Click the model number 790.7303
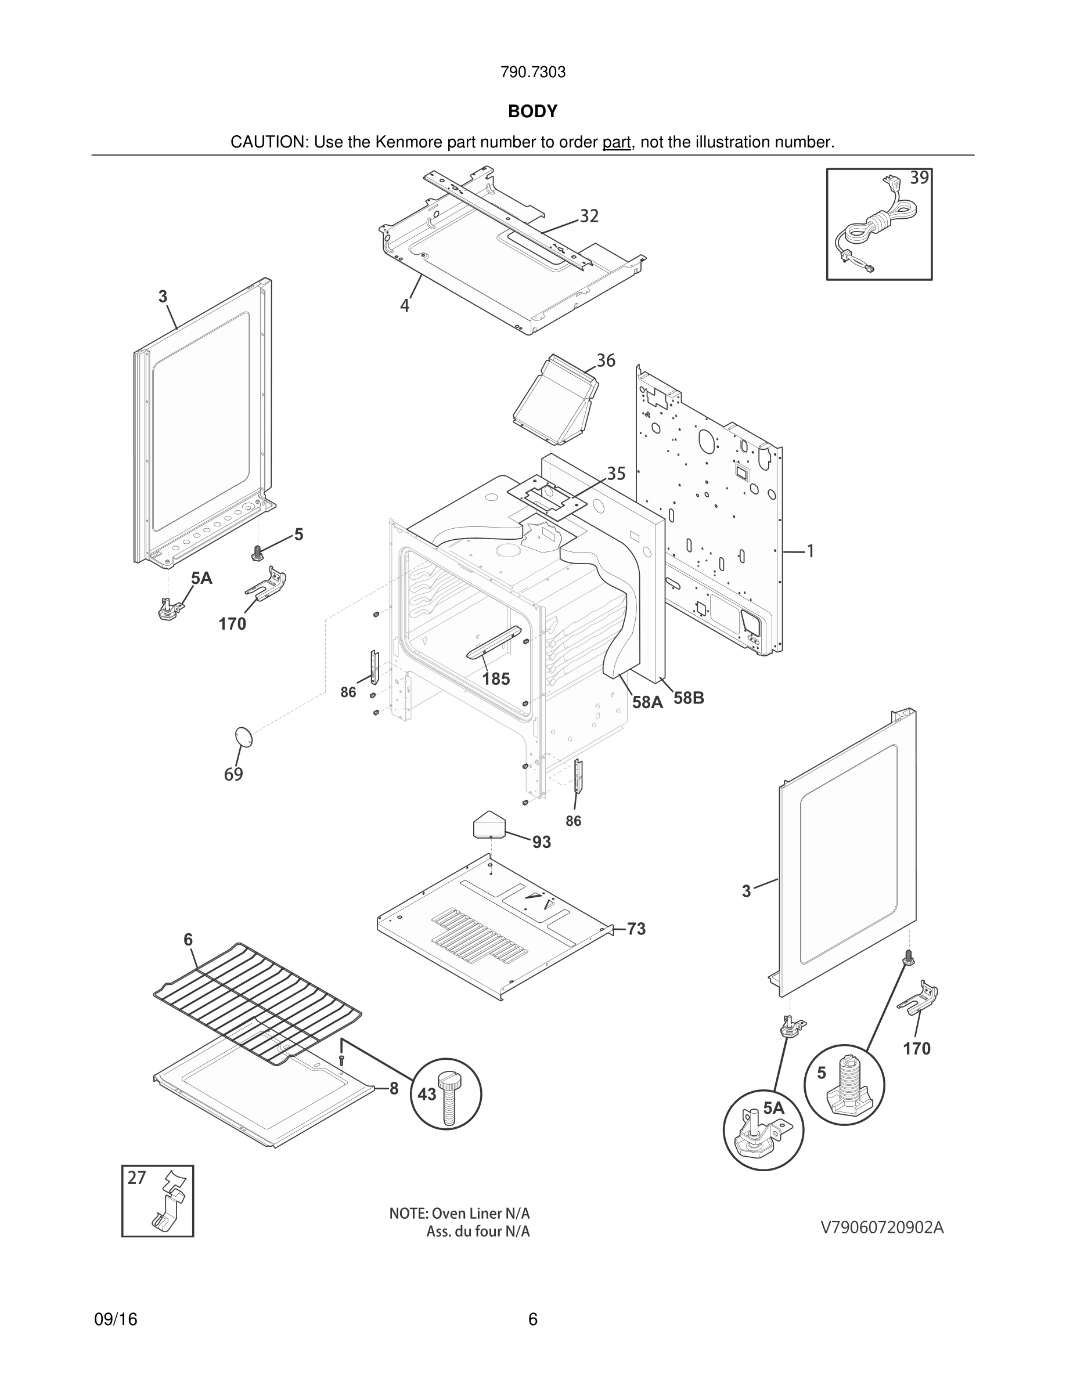pos(532,73)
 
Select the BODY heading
pos(532,112)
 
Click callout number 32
pos(589,216)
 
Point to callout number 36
pos(605,360)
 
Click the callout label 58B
pos(689,698)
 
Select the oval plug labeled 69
pos(243,737)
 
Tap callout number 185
pos(496,679)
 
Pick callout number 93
pos(541,842)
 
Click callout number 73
pos(636,929)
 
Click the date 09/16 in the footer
pos(116,1320)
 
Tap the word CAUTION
pos(268,143)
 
